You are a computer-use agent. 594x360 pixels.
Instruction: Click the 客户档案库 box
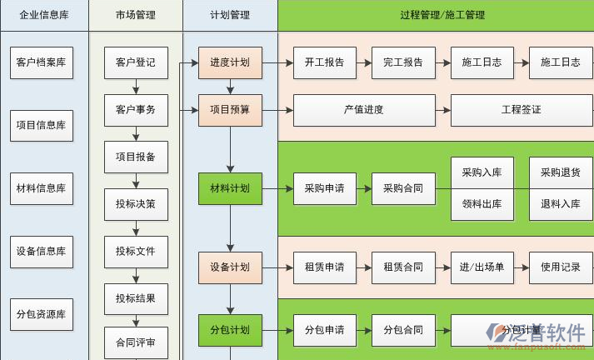click(x=41, y=62)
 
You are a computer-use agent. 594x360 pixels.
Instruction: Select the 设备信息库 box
click(x=41, y=251)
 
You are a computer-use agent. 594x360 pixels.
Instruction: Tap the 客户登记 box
click(x=136, y=62)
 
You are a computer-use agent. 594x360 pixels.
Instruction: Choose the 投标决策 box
click(x=136, y=203)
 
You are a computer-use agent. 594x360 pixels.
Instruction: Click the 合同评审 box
click(x=136, y=342)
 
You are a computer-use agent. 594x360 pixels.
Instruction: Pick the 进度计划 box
click(x=230, y=62)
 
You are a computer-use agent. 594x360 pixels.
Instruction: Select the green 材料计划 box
click(x=230, y=188)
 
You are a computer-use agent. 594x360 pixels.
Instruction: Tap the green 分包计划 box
click(x=230, y=330)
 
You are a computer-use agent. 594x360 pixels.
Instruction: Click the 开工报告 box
click(x=325, y=62)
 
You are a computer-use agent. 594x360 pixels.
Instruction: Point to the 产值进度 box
click(x=364, y=109)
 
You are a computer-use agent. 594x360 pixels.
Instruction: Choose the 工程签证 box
click(x=522, y=109)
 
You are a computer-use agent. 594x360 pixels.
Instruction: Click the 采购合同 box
click(x=403, y=188)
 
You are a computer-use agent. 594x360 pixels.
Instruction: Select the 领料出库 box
click(x=482, y=204)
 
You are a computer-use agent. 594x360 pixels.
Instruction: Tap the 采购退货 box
click(x=561, y=172)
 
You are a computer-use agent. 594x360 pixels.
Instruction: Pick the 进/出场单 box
click(x=482, y=267)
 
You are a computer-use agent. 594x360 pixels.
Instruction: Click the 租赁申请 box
click(x=325, y=267)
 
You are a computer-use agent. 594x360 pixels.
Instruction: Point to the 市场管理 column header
click(x=135, y=15)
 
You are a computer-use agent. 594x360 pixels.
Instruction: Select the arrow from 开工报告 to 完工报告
click(x=364, y=62)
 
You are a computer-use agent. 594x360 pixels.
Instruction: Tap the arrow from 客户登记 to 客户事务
click(x=136, y=86)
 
